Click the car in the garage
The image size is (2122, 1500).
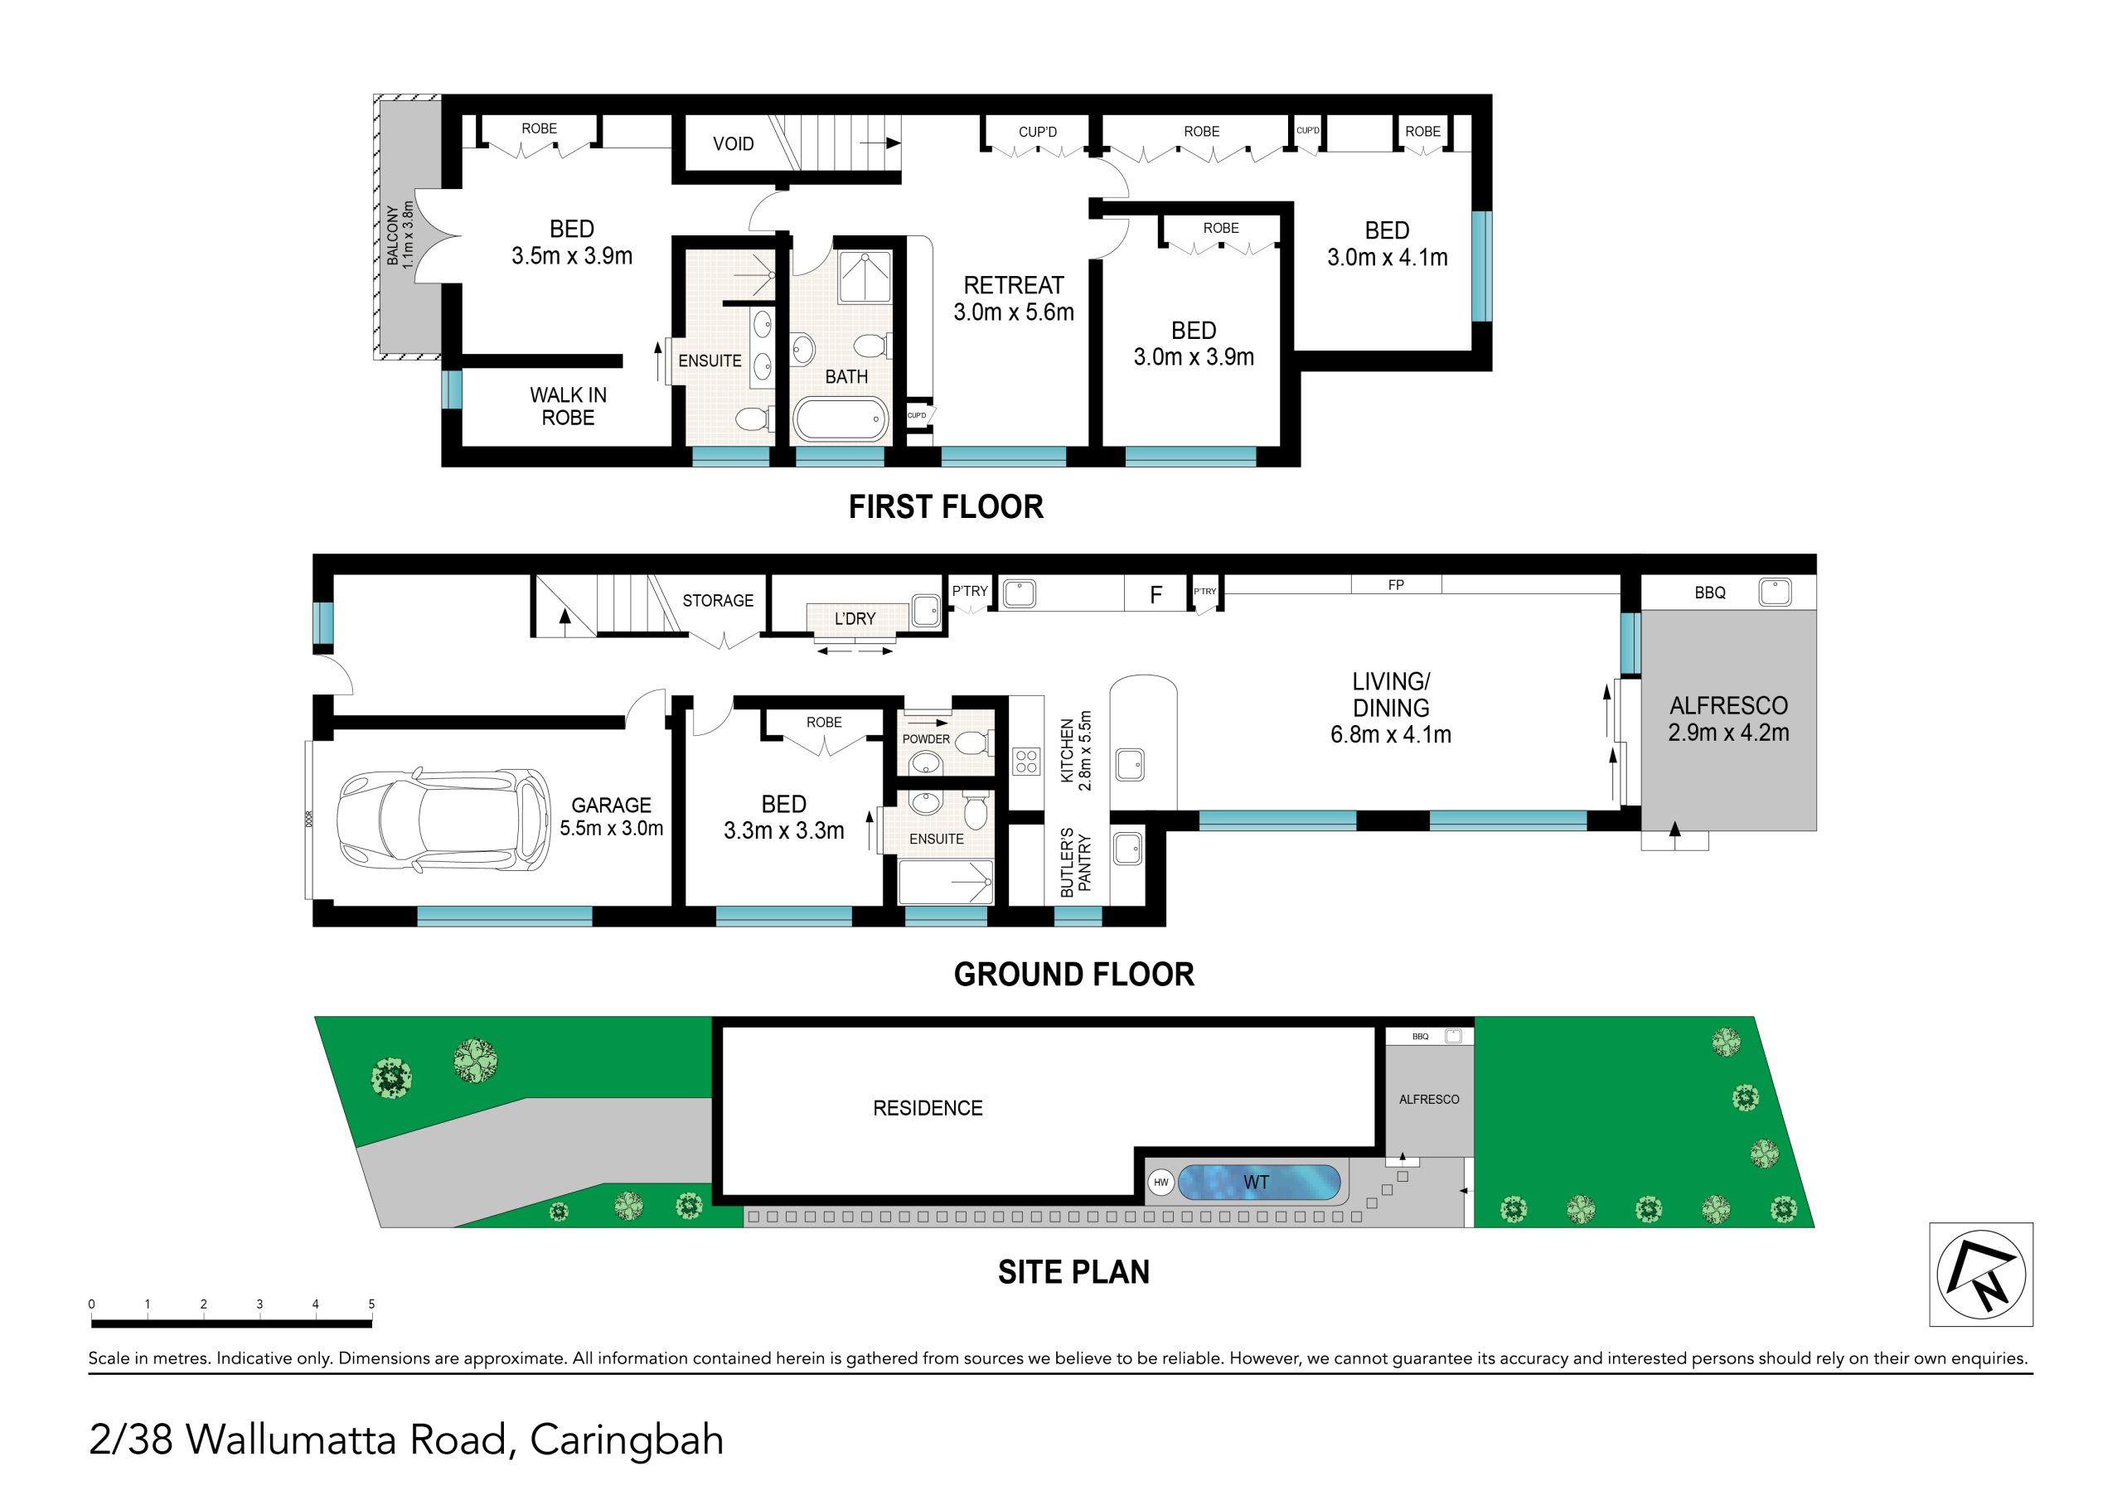tap(443, 820)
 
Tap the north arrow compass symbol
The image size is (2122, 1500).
tap(1982, 1275)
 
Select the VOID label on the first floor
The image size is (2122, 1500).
tap(733, 143)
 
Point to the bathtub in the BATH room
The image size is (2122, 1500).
tap(841, 420)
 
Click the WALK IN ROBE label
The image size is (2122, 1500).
tap(569, 407)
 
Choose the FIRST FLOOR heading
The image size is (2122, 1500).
tap(947, 506)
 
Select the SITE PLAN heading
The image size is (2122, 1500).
tap(1074, 1273)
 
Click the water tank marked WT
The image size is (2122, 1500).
tap(1259, 1182)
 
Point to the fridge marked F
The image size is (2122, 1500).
tap(1155, 594)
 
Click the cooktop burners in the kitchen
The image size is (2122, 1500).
tap(1027, 762)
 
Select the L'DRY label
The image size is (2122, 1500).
tap(855, 618)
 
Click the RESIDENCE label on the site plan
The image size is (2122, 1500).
tap(928, 1108)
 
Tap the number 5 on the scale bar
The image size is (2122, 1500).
tap(371, 1304)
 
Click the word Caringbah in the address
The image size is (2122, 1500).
tap(627, 1440)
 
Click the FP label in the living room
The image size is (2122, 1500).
tap(1396, 585)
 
